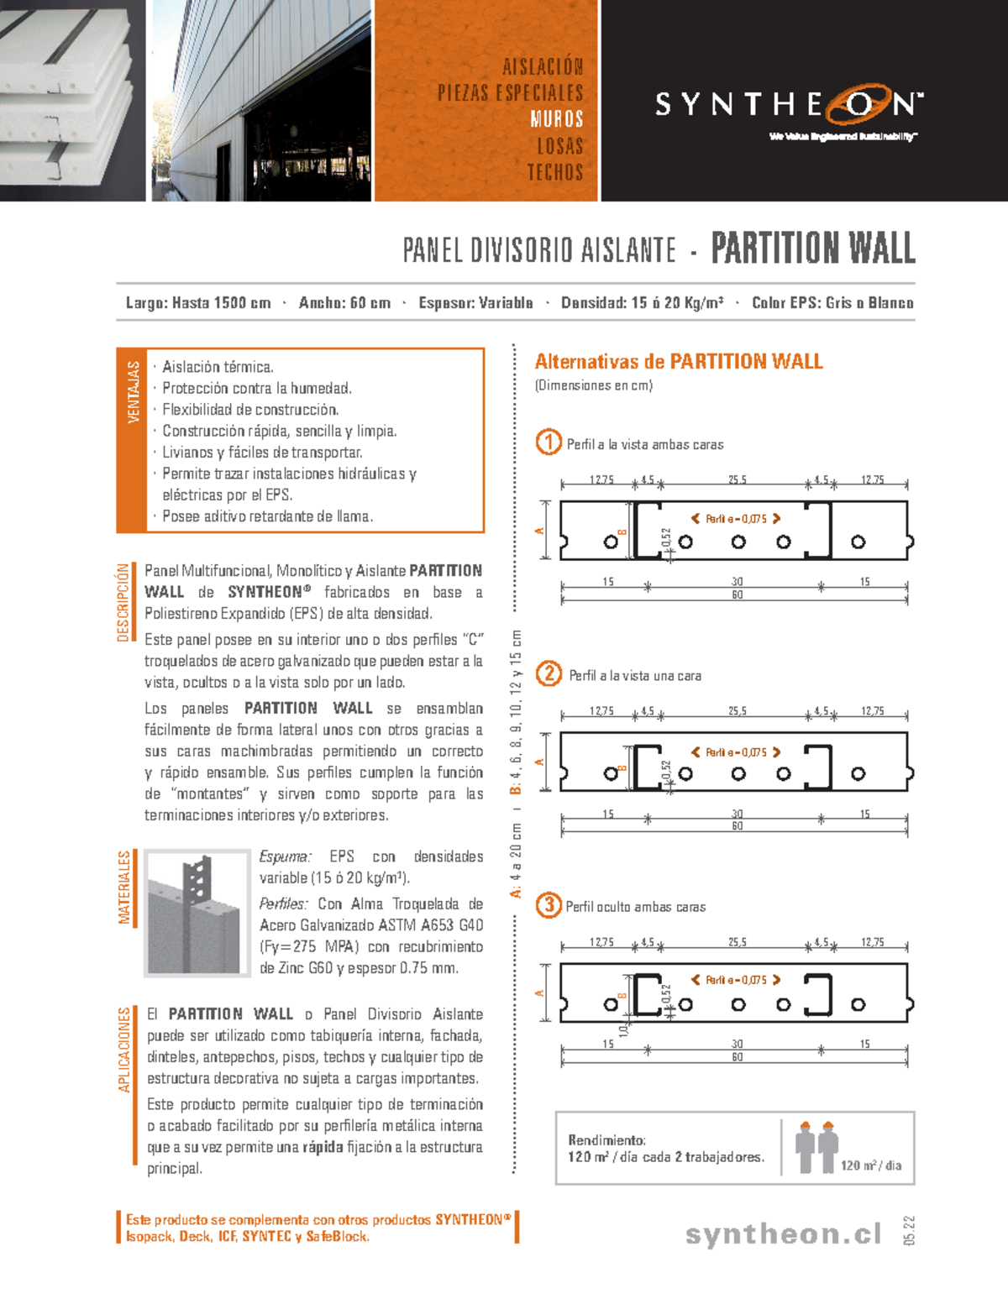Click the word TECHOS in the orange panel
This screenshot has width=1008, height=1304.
(554, 172)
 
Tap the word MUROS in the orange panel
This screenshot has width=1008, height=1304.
(556, 119)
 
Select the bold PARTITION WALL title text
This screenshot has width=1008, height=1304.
(812, 249)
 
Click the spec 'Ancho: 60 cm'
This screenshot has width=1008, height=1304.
(344, 303)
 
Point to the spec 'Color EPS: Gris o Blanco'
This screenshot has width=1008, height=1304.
(832, 303)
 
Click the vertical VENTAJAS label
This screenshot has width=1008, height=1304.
(133, 393)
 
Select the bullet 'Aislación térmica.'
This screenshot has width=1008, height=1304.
(218, 367)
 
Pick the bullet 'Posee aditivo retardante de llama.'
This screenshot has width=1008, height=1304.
(267, 516)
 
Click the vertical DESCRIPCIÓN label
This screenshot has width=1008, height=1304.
(123, 602)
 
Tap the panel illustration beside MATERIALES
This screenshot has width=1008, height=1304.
(197, 913)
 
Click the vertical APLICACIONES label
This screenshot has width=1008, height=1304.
(124, 1050)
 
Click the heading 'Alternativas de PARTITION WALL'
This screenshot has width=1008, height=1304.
(679, 362)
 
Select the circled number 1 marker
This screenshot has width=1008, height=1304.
(549, 443)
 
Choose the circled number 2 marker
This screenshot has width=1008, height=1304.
(549, 673)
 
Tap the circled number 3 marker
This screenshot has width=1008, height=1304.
(549, 904)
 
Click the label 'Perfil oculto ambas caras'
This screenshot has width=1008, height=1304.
(635, 907)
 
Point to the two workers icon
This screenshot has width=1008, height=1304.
(816, 1147)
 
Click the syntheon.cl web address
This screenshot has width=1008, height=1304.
(783, 1233)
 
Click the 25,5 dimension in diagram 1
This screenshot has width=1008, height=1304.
(737, 480)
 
